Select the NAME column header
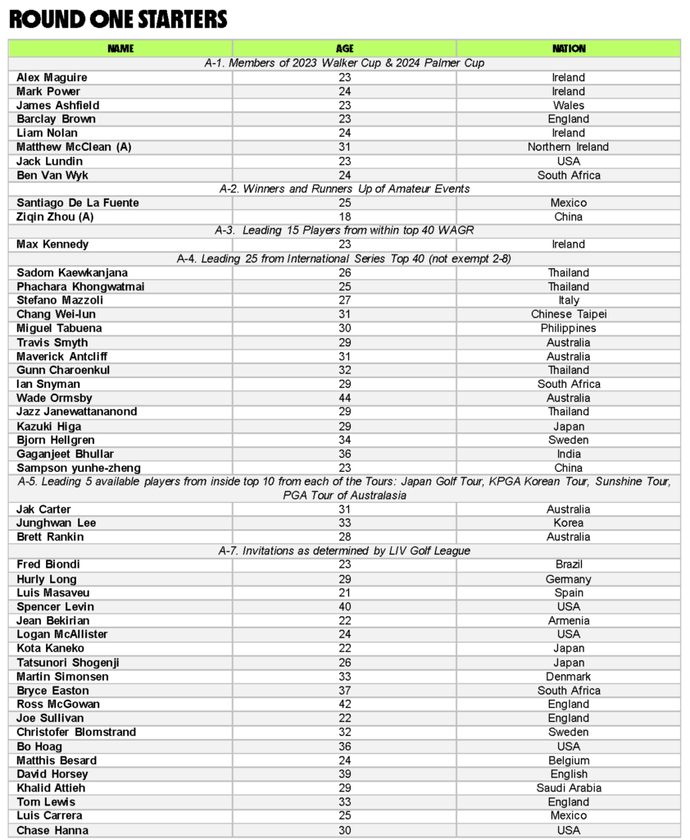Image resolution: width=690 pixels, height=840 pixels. point(120,48)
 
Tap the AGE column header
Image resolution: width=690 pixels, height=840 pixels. point(345,48)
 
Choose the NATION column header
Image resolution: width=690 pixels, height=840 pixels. point(569,48)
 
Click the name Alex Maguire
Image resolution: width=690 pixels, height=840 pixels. point(52,77)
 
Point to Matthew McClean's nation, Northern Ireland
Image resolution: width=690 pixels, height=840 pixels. point(569,147)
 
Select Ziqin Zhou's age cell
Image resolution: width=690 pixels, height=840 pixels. point(345,217)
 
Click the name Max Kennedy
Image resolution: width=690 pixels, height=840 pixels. point(52,244)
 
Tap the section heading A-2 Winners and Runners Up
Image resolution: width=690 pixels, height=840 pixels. point(345,189)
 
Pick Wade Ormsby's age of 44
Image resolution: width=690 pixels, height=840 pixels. point(345,398)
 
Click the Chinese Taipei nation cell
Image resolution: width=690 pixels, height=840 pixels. point(569,314)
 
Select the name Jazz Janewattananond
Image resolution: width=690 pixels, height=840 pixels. point(77,412)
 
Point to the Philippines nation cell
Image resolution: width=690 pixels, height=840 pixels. point(569,328)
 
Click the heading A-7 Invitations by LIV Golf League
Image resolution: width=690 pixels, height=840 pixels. point(345,550)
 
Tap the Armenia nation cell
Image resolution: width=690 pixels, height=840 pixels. point(569,621)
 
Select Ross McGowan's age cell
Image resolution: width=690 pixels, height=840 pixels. point(345,705)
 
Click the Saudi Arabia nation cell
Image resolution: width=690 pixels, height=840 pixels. point(569,788)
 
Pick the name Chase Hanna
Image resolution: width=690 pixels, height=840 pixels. point(51,830)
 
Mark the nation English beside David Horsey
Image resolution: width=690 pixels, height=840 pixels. point(569,774)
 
